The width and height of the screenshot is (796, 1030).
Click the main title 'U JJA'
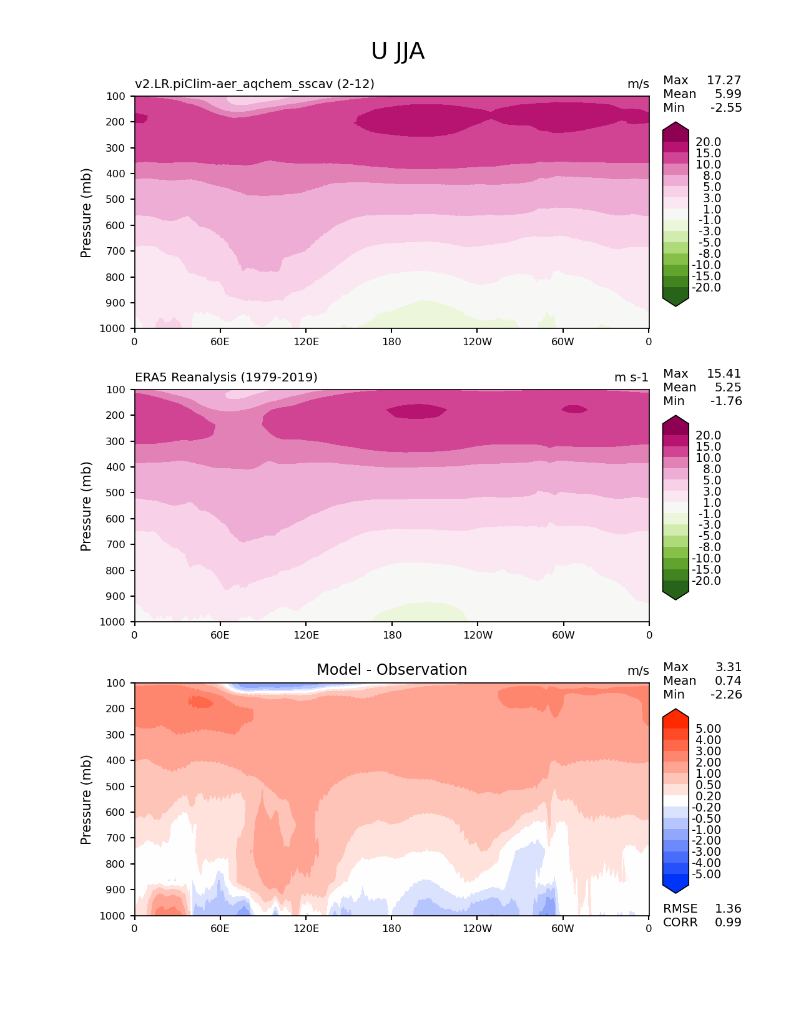point(398,51)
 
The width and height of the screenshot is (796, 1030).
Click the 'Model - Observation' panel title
point(391,670)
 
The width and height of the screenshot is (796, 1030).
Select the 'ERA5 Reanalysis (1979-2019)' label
point(226,377)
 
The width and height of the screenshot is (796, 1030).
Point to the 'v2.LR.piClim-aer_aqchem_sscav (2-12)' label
point(255,84)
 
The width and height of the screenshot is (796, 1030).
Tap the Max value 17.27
point(724,80)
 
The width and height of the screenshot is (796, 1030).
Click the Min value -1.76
point(726,401)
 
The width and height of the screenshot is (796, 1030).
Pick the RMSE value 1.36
point(728,908)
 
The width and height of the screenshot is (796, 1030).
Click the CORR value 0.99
point(728,922)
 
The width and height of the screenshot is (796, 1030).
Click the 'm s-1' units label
point(631,377)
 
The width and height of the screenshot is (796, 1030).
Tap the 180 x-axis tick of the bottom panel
point(391,928)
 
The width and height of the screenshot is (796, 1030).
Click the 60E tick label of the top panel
point(220,341)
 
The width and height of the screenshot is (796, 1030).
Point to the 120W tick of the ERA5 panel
point(478,635)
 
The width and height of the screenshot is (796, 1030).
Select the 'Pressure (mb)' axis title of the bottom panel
point(86,799)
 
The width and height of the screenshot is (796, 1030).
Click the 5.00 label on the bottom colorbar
point(708,728)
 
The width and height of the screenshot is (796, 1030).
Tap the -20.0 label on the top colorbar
point(708,287)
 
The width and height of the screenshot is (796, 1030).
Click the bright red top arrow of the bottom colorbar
point(676,714)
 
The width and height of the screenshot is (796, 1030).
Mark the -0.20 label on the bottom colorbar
point(708,807)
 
